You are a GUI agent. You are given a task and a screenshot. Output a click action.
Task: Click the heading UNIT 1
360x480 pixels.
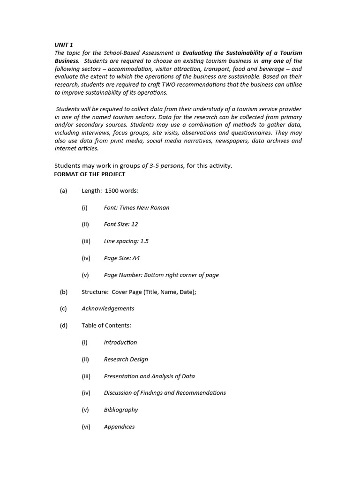coord(64,45)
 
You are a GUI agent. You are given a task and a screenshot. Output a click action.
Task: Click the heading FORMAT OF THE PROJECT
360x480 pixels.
coord(90,174)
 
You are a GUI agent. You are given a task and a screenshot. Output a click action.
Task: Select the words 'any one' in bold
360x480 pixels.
coord(272,60)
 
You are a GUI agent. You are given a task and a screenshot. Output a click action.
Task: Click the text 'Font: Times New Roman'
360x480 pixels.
coord(136,208)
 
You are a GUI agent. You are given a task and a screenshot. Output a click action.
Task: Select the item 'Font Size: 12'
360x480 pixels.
coord(121,225)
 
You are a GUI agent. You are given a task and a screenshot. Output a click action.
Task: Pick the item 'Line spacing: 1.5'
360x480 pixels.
coord(126,241)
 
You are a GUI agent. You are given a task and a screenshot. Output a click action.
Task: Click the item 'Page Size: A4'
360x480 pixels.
coord(122,258)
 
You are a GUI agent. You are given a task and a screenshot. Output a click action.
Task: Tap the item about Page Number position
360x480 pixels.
coord(161,275)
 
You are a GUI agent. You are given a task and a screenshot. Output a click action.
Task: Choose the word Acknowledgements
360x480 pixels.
coord(108,308)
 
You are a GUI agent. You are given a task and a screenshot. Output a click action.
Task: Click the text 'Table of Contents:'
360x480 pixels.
coord(106,325)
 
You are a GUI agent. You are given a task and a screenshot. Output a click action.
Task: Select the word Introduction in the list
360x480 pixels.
coord(120,342)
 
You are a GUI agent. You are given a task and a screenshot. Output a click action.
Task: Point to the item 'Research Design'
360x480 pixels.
coord(126,359)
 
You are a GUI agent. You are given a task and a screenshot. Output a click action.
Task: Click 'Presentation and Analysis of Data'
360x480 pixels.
coord(149,376)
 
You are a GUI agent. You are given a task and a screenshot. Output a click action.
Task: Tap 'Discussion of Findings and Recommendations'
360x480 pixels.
coord(165,393)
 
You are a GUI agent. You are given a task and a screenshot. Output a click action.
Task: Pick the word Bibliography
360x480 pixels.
coord(121,410)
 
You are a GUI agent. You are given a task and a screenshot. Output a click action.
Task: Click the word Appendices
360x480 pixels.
coord(119,427)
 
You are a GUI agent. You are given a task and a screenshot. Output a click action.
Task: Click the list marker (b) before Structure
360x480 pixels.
coord(64,292)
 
